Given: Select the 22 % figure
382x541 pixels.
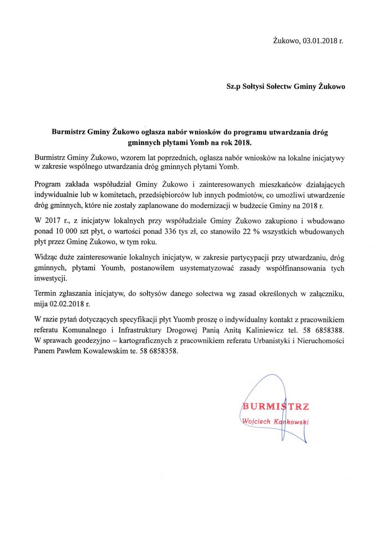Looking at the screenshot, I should [251, 231].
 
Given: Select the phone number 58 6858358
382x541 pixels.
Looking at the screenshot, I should [159, 351].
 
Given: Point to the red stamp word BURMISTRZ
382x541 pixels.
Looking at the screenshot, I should [275, 406].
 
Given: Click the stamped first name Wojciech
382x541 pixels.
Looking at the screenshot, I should [256, 422].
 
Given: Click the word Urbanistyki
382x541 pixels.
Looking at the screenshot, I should [272, 341].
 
